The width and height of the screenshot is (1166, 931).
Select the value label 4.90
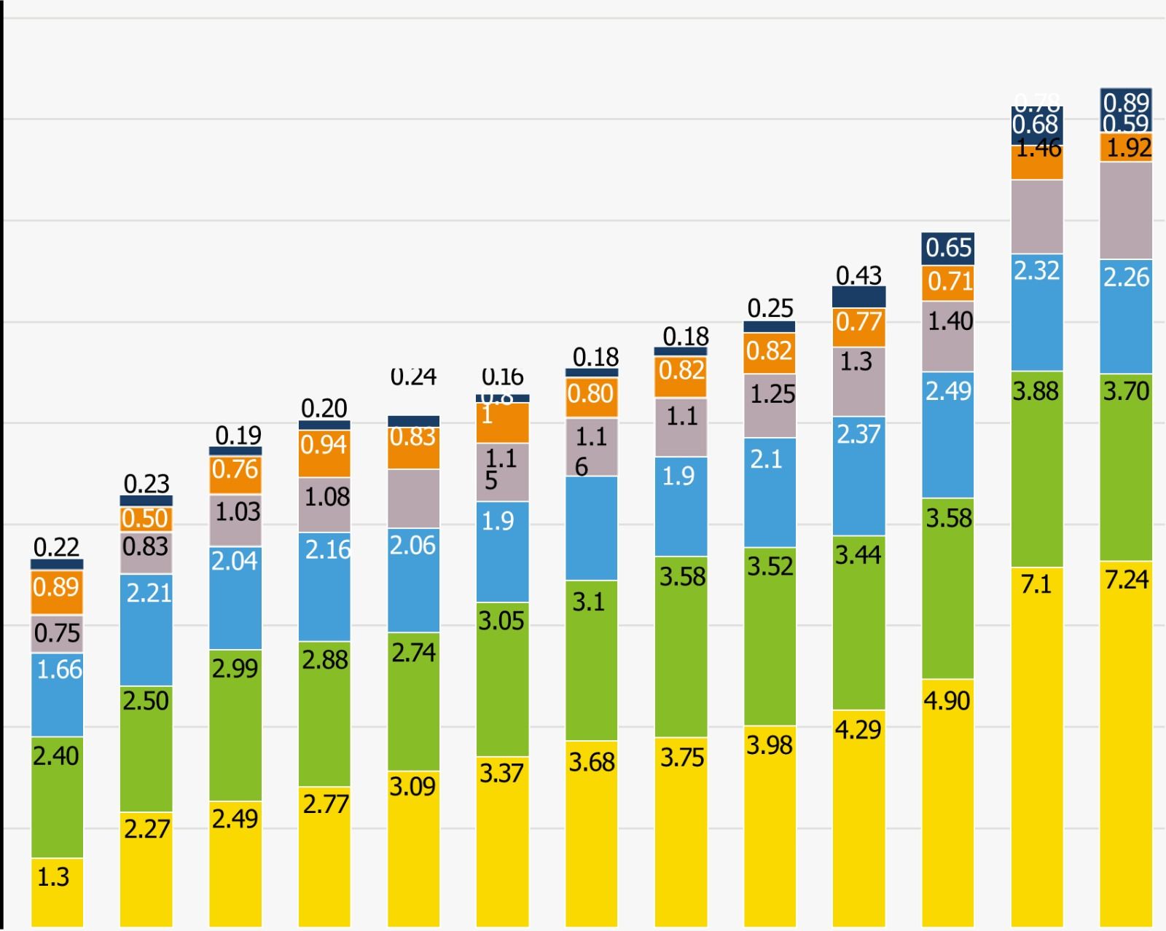[x=947, y=701]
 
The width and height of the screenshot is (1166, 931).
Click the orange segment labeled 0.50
[x=146, y=519]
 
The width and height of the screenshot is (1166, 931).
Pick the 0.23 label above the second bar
[x=146, y=484]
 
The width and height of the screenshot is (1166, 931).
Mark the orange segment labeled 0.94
[x=324, y=453]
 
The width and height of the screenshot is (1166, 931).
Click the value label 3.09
[x=412, y=787]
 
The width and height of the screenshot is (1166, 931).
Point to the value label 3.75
[x=682, y=758]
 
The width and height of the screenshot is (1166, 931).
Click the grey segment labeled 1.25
[x=770, y=406]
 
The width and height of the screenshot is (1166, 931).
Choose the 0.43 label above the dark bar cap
[x=858, y=275]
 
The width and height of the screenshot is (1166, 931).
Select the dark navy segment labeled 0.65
[x=947, y=248]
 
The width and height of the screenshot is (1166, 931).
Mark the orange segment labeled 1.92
[x=1126, y=147]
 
